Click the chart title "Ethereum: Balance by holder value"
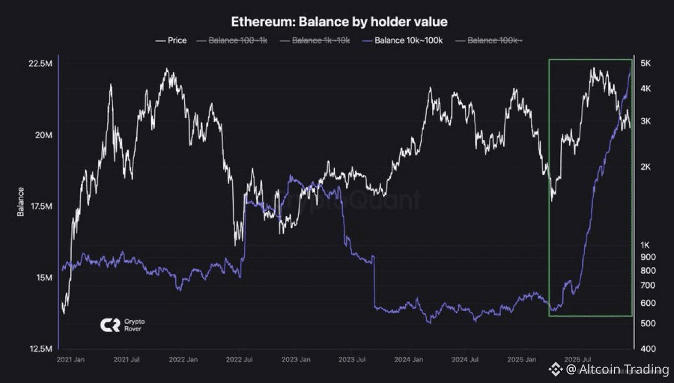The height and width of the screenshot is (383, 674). coord(339,22)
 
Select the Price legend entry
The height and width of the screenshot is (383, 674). coord(171,40)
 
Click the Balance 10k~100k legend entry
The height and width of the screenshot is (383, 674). coord(403,40)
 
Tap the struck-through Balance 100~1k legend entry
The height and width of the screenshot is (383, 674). coord(232,40)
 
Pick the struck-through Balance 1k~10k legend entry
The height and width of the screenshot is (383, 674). coord(316,40)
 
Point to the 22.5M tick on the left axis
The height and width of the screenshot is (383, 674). coord(40,64)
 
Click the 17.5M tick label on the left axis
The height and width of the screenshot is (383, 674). coord(40,206)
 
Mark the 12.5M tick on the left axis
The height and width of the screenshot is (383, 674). coord(40,349)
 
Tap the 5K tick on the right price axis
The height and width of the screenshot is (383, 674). coord(646,64)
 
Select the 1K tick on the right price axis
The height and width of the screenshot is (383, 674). coord(646,245)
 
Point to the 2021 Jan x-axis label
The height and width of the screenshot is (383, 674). coord(71,360)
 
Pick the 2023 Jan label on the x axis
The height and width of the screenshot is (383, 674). coord(297,360)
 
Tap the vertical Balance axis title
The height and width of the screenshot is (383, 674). coord(21,202)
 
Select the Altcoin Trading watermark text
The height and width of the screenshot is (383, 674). coord(617,369)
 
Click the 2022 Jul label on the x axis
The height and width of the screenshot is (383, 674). coord(239,360)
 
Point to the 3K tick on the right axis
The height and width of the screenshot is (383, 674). coord(646,121)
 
